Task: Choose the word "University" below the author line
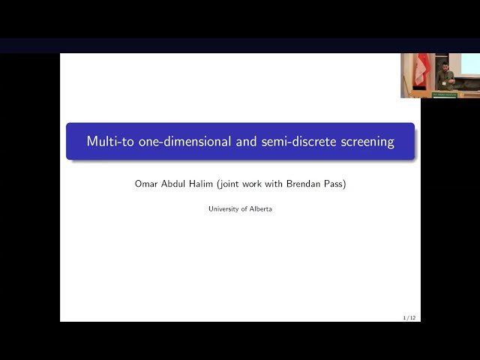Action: pos(224,209)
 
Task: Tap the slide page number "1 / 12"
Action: pos(409,318)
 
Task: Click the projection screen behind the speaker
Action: pos(469,63)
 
